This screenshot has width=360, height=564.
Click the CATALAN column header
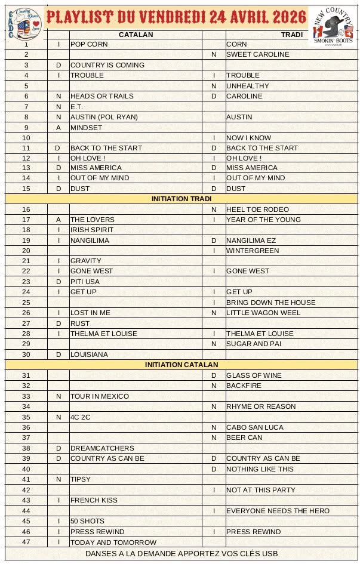pyautogui.click(x=136, y=35)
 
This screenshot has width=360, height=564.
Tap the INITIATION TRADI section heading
pyautogui.click(x=181, y=199)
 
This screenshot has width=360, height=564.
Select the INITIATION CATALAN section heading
pyautogui.click(x=181, y=365)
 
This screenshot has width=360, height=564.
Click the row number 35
pyautogui.click(x=26, y=417)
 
